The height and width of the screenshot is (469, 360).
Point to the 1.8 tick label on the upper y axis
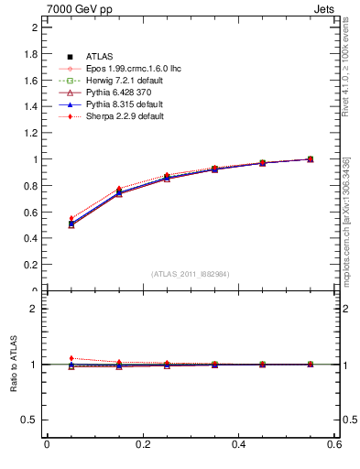(31, 54)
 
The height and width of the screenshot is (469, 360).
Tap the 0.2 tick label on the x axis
(143, 444)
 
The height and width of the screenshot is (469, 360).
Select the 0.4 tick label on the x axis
(239, 444)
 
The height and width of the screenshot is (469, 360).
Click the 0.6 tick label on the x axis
(334, 444)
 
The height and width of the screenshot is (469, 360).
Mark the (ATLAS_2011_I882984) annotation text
(191, 274)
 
